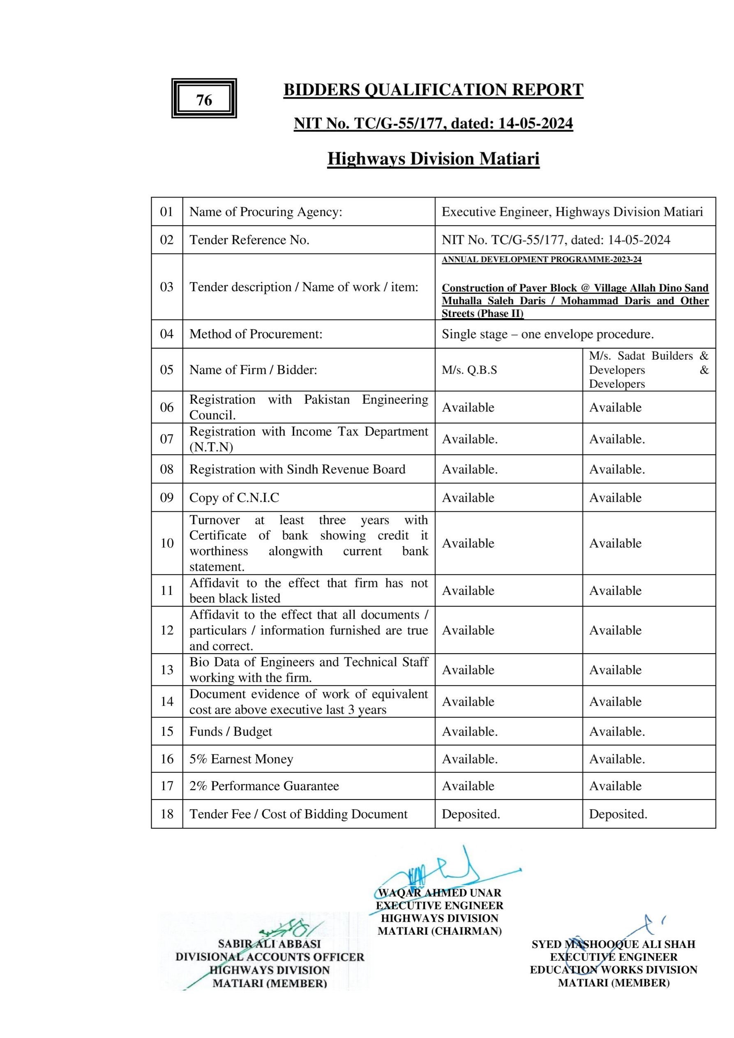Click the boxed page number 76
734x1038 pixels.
[x=204, y=99]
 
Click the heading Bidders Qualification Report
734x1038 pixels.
[x=433, y=90]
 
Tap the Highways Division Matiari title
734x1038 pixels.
[x=433, y=159]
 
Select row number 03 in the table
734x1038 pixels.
[x=167, y=287]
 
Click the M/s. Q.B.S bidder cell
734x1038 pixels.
[x=469, y=370]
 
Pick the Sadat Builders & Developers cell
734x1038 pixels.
[x=648, y=370]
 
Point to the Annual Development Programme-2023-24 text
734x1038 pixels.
[x=542, y=259]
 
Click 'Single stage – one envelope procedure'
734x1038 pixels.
[x=547, y=334]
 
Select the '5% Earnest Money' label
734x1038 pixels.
[x=241, y=758]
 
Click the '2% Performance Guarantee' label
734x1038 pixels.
[x=264, y=786]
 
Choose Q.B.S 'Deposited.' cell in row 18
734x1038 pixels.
[x=471, y=814]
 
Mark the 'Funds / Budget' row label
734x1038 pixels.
[x=231, y=731]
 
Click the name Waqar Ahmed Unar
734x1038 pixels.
[x=439, y=893]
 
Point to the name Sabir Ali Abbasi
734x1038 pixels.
[x=269, y=944]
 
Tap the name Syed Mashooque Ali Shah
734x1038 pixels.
[x=613, y=944]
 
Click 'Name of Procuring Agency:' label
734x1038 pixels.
[x=266, y=212]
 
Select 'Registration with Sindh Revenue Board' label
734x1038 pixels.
[x=297, y=469]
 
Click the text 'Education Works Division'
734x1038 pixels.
[x=613, y=970]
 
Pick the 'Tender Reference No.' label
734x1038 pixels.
[x=249, y=240]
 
